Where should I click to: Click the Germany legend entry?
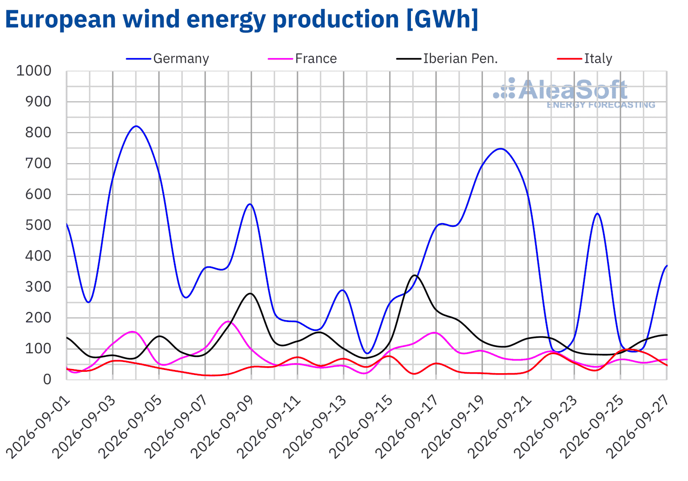coord(168,59)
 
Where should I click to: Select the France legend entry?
coord(303,59)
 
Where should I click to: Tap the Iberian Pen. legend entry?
coord(447,59)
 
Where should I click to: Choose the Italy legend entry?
coord(585,59)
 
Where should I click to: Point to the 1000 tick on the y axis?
coord(34,71)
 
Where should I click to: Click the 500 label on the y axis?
coord(38,225)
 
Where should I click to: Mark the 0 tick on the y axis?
coord(47,380)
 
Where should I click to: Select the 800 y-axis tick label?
coord(38,133)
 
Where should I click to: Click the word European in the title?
coord(60,20)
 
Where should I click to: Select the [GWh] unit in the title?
coord(442,19)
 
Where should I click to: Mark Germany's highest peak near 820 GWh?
coord(136,126)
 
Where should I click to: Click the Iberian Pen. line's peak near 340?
coord(414,276)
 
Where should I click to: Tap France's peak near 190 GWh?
coord(228,321)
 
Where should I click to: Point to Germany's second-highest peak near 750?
coord(501,149)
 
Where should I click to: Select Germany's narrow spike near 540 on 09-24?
coord(597,213)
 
